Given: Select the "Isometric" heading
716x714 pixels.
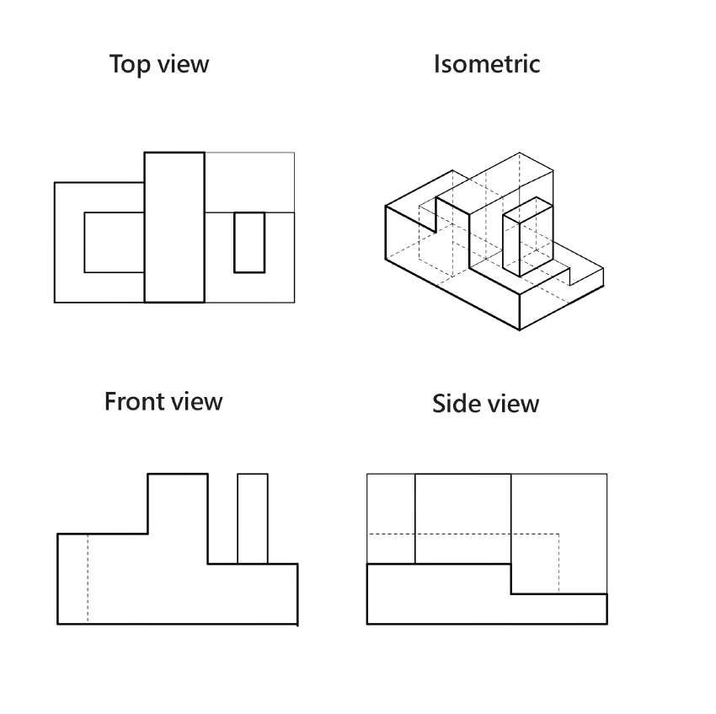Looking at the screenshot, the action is click(x=486, y=64).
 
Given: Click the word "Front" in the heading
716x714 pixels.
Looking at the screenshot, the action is click(x=134, y=401).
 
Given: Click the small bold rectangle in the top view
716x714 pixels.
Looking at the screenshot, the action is click(x=249, y=242).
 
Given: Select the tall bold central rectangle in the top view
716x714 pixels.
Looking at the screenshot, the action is click(x=174, y=227).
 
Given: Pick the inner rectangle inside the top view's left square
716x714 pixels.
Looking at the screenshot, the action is click(x=114, y=243).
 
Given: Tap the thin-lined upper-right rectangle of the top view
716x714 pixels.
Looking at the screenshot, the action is click(x=249, y=182).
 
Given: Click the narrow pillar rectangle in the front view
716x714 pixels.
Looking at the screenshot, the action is click(x=253, y=518).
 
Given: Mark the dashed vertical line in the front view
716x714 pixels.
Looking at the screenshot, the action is click(x=88, y=580).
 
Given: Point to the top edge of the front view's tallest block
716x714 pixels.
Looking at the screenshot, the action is click(x=178, y=475).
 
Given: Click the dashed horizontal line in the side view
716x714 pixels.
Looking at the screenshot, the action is click(x=463, y=534).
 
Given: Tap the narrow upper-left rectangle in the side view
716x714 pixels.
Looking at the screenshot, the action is click(x=391, y=518).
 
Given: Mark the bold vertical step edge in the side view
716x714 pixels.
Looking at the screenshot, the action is click(x=511, y=579).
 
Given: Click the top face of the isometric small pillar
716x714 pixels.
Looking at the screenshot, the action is click(x=521, y=208).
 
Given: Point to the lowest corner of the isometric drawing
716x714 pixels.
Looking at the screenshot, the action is click(x=520, y=330).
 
